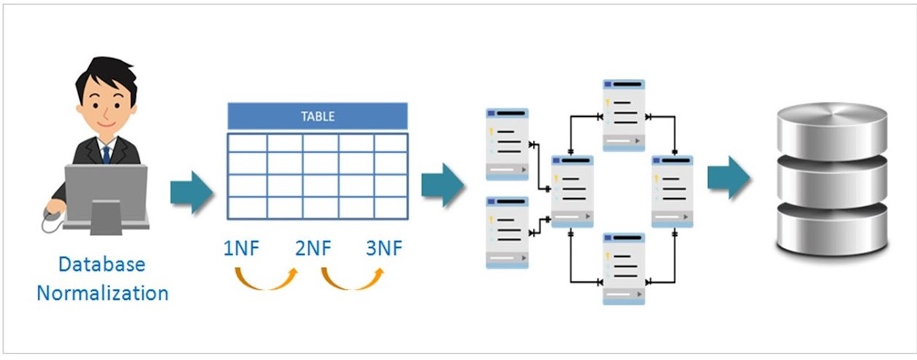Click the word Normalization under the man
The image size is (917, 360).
pos(102,294)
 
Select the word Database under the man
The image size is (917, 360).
pos(102,265)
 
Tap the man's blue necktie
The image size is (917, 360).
pos(106,153)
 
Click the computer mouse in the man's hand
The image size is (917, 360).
pos(52,213)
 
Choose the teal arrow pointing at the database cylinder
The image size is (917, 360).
pos(729,176)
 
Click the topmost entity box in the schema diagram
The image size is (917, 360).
pos(624,116)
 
